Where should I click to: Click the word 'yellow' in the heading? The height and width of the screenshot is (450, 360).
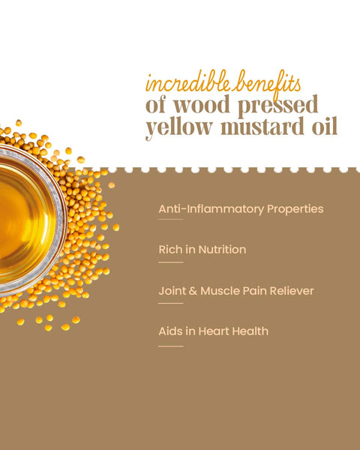pos(175,128)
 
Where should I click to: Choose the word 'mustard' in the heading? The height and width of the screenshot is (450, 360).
pos(257,127)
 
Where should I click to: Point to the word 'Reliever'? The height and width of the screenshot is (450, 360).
pos(289,290)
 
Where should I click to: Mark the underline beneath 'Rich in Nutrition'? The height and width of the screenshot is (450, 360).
pos(171,262)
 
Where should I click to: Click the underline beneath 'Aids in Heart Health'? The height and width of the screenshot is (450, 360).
pos(171,346)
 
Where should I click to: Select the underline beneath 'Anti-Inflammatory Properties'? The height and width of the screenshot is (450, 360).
pos(171,220)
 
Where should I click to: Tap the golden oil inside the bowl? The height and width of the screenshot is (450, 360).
pos(22,217)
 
